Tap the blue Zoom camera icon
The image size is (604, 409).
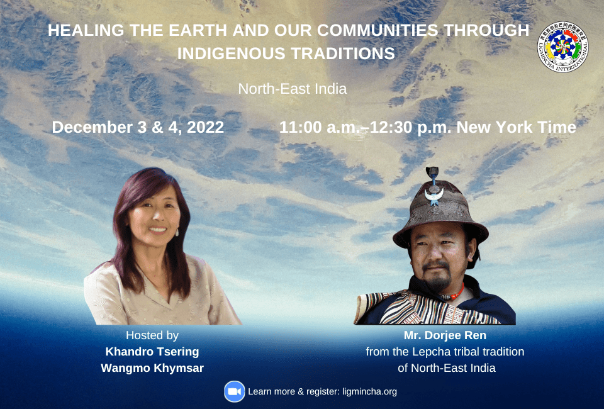click(x=234, y=391)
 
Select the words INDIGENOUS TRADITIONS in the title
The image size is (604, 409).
click(x=286, y=53)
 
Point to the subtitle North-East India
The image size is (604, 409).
click(x=292, y=89)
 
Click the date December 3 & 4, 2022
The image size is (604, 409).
click(x=138, y=127)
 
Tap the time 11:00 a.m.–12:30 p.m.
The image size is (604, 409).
click(x=366, y=127)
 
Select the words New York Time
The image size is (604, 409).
click(x=516, y=127)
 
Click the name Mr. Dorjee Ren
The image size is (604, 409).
click(x=445, y=335)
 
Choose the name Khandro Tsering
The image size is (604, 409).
click(x=152, y=352)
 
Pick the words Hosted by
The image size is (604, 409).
click(x=152, y=335)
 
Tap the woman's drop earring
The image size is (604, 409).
click(x=177, y=232)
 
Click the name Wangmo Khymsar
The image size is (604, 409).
click(x=152, y=368)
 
